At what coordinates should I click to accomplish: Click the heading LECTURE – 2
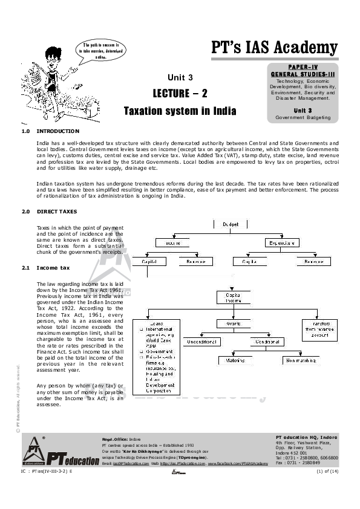(180, 93)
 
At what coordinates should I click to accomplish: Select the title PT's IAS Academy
(274, 47)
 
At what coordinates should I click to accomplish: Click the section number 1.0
(26, 131)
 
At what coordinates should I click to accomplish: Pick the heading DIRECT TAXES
(57, 212)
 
